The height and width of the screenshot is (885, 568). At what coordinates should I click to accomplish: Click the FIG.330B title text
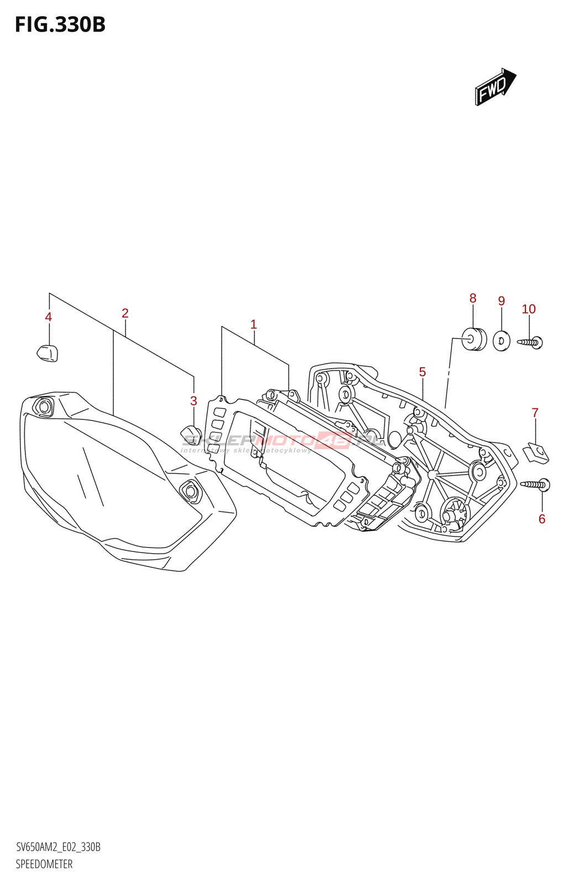60,25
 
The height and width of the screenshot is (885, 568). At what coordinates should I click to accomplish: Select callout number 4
49,317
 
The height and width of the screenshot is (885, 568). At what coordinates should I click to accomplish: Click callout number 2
125,313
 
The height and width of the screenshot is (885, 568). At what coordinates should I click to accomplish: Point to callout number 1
254,324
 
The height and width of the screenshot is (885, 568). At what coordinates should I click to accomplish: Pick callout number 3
193,401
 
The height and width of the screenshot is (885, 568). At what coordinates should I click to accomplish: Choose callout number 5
422,372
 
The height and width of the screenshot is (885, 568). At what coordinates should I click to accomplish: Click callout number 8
472,298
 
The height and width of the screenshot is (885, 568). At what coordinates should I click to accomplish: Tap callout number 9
501,301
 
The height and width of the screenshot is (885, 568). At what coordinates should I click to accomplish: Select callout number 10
529,309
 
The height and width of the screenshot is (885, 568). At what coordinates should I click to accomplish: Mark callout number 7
535,412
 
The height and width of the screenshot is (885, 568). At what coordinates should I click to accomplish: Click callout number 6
541,519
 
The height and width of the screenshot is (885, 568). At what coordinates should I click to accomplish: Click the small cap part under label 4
48,352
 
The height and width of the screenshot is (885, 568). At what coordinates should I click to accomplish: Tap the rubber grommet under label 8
474,339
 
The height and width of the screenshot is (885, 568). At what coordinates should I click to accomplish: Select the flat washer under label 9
501,340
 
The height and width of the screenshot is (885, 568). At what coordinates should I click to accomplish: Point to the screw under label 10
531,342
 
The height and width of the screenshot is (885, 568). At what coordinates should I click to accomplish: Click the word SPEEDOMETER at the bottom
44,864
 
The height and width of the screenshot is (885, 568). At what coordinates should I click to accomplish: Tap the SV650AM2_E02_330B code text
58,847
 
